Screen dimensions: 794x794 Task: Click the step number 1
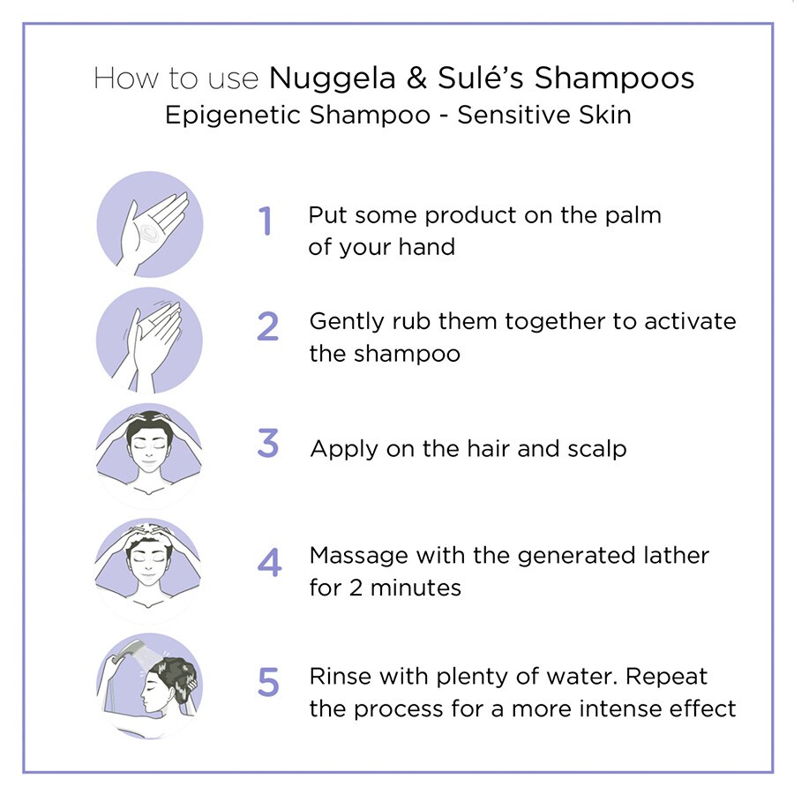point(266,221)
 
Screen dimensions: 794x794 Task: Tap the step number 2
point(267,326)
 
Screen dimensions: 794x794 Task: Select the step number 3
point(268,445)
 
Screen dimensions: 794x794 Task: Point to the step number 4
point(269,563)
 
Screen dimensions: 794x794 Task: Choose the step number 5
point(268,682)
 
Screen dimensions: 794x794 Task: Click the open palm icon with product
point(149,225)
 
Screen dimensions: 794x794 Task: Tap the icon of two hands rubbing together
point(149,340)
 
